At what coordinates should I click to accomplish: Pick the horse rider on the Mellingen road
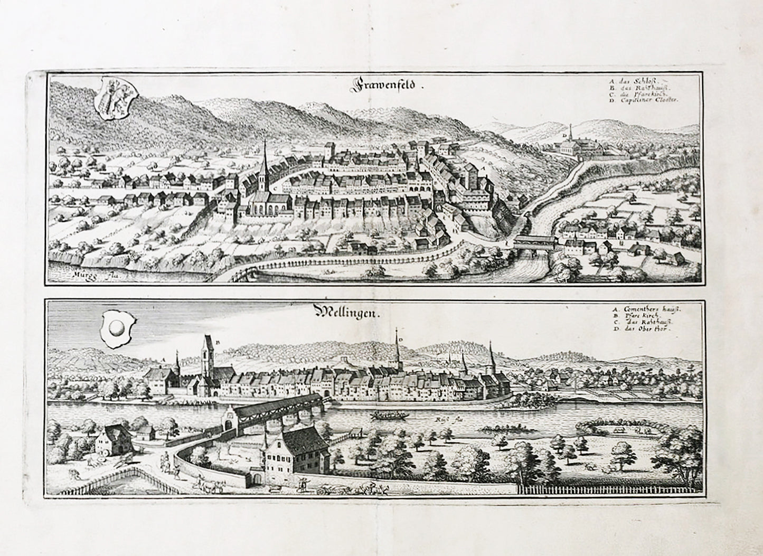(x=165, y=459)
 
